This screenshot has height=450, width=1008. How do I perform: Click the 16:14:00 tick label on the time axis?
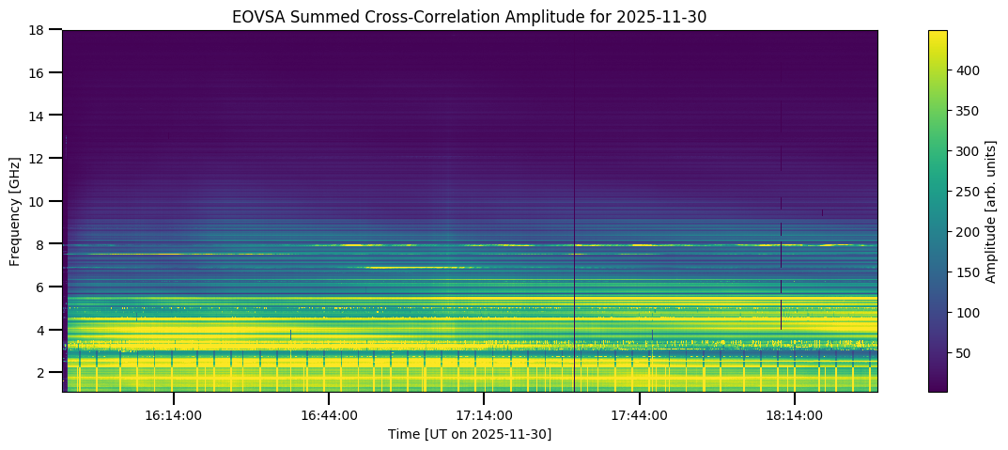(173, 415)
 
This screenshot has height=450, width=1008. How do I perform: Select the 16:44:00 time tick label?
(329, 415)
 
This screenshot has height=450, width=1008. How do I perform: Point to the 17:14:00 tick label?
(484, 415)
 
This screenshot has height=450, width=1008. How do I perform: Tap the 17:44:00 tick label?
(640, 415)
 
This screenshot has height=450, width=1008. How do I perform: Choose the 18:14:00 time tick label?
(795, 415)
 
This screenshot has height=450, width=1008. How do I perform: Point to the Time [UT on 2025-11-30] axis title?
(470, 434)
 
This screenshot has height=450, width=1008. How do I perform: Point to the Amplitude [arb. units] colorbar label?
(990, 210)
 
